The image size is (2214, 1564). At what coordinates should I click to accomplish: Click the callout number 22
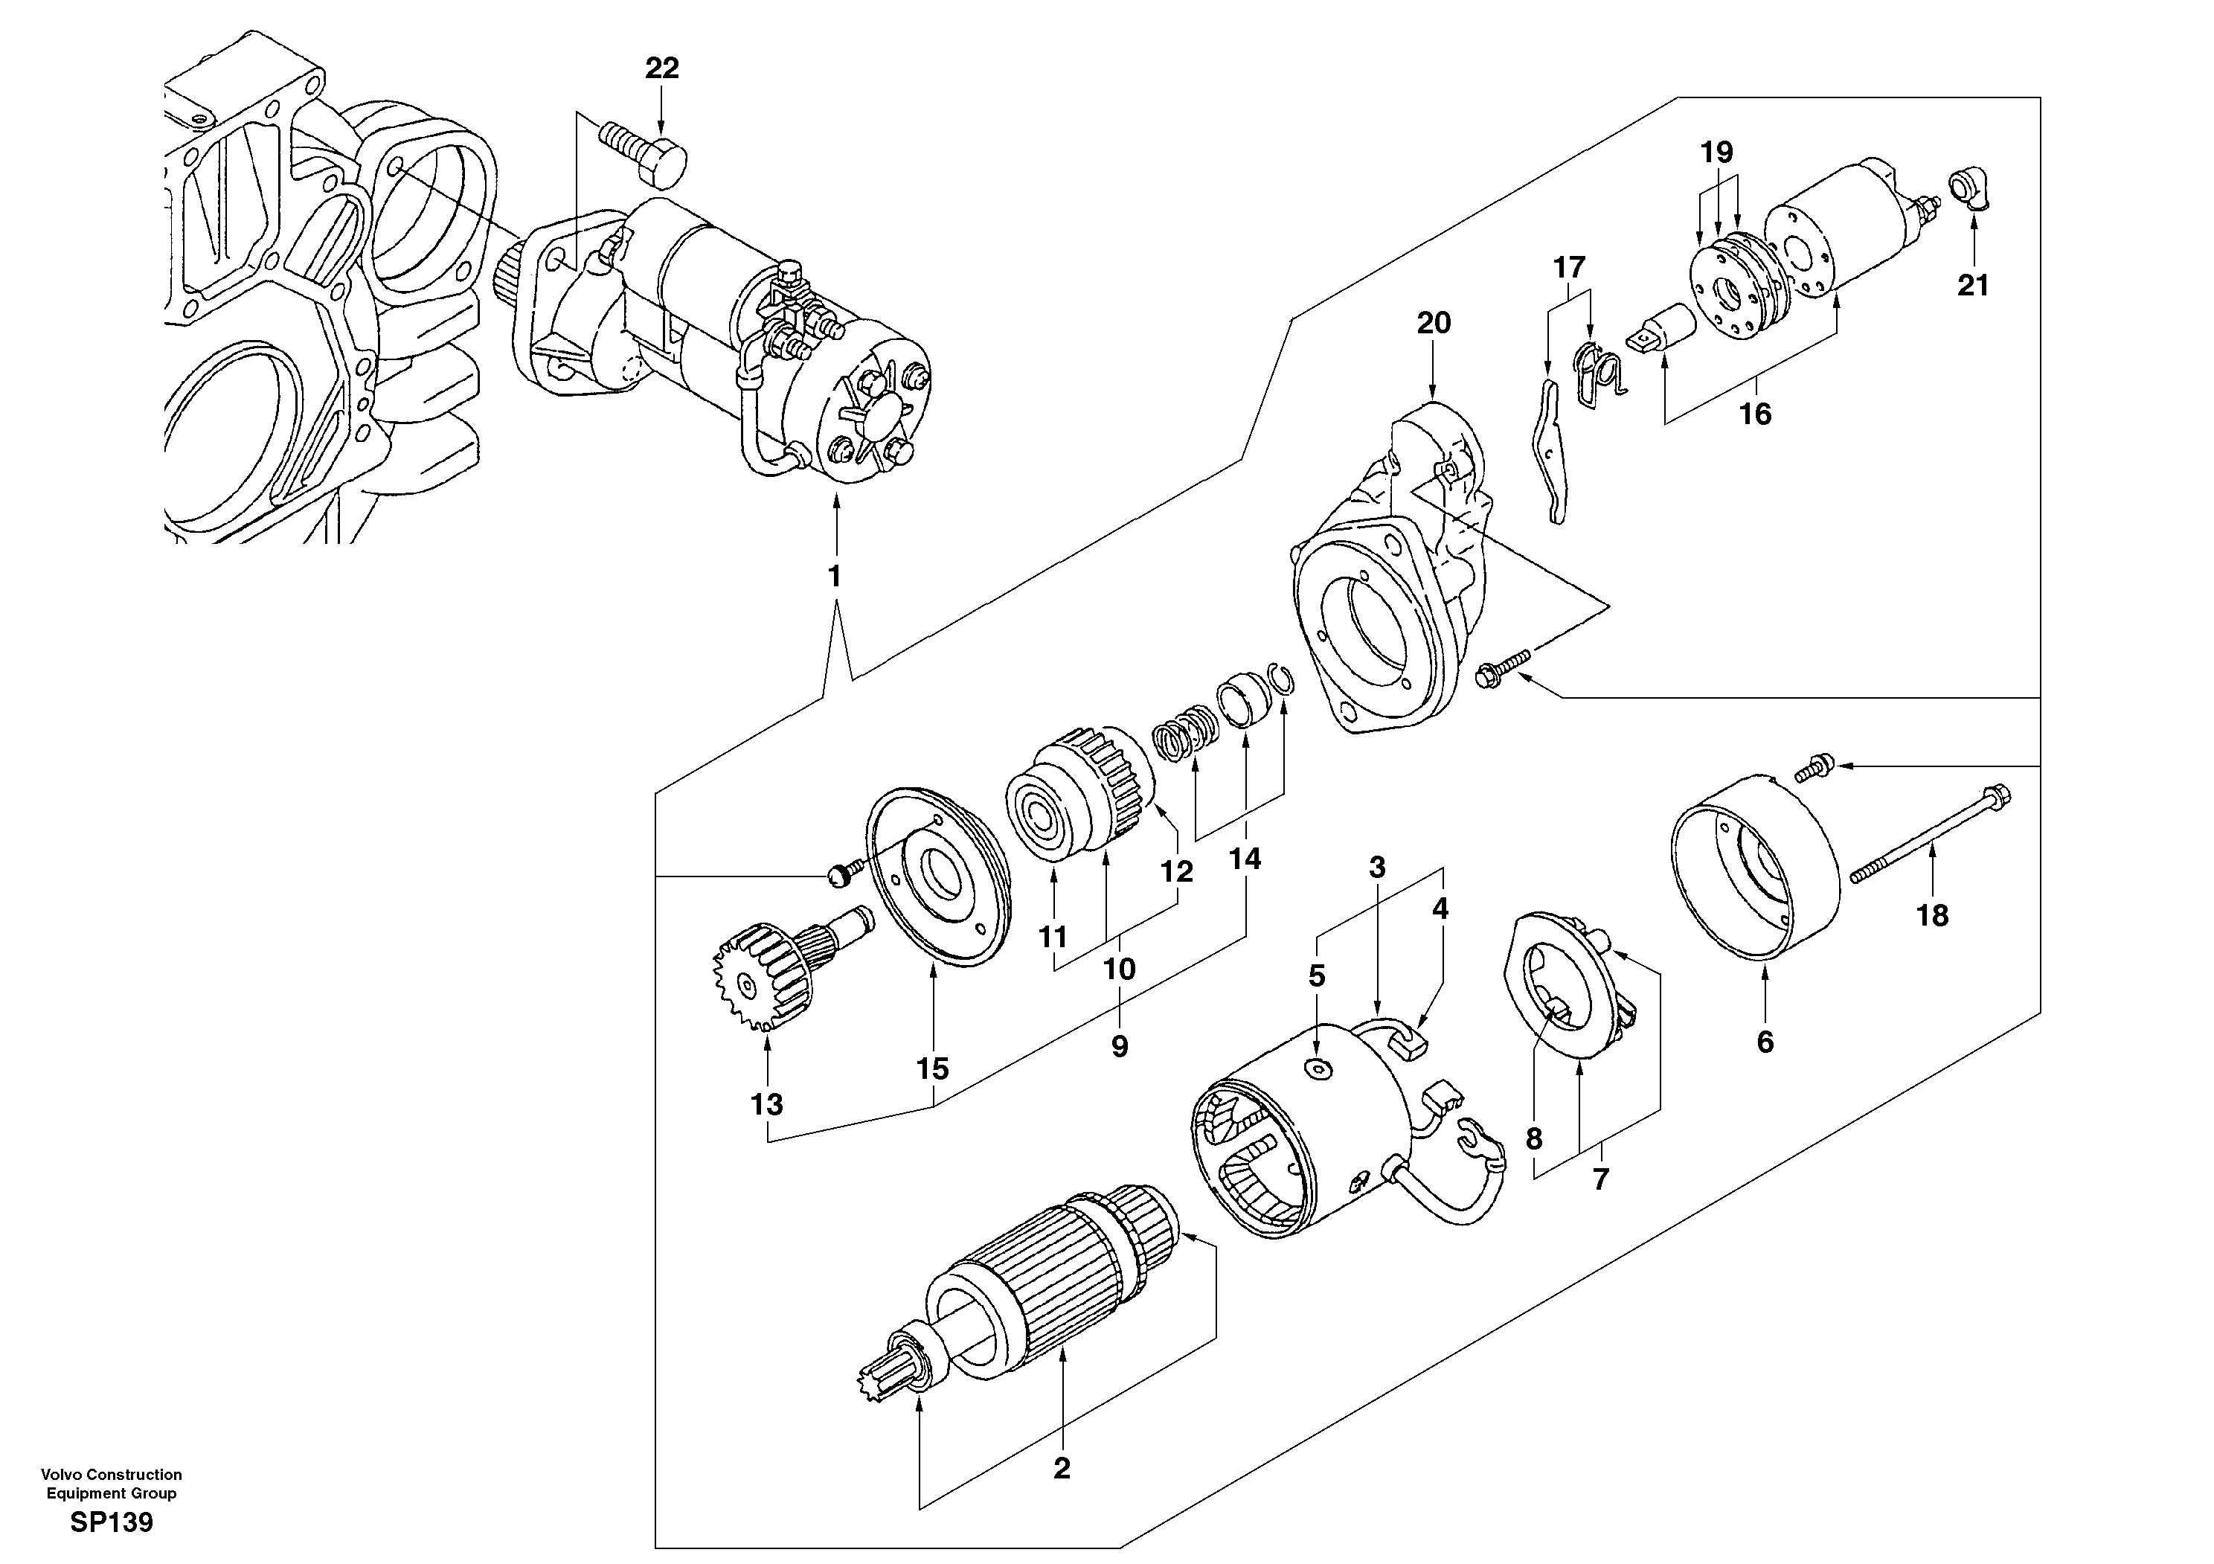[661, 68]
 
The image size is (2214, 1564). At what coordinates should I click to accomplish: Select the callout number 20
[1433, 323]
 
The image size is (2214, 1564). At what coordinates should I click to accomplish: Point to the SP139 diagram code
[111, 1524]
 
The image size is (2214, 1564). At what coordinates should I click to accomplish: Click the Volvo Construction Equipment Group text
[111, 1483]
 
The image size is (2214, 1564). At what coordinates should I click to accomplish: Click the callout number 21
[1973, 286]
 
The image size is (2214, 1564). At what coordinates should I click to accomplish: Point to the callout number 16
[1755, 414]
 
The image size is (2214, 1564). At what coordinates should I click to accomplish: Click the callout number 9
[1120, 1046]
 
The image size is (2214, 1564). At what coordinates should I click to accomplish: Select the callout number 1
[834, 577]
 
